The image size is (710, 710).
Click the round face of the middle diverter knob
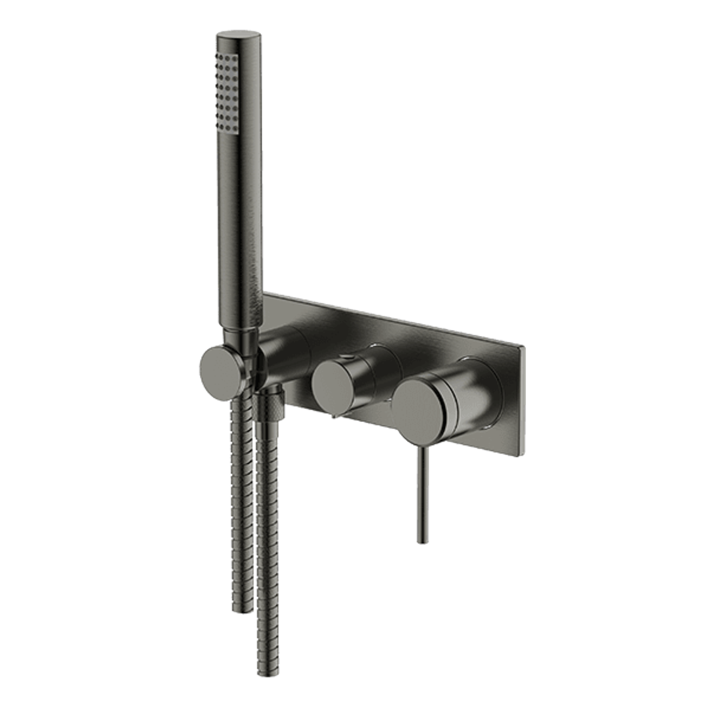coord(333,385)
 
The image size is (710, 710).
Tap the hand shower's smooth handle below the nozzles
coord(247,230)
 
